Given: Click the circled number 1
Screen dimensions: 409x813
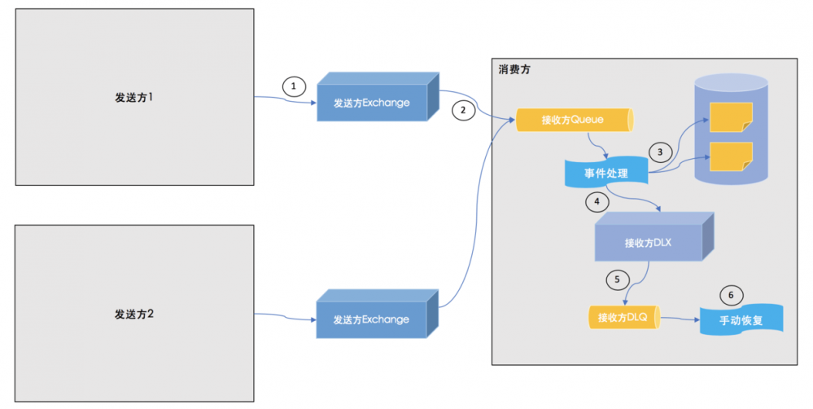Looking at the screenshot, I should (294, 86).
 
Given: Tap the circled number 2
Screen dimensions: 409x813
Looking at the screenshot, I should (463, 110).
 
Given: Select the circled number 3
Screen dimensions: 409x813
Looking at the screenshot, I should (660, 150).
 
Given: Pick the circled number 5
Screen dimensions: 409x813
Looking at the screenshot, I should (618, 279).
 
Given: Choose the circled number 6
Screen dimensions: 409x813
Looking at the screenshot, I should (731, 294).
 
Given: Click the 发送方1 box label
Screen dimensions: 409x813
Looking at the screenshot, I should (134, 97).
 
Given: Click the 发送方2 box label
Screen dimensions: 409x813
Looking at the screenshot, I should (134, 313).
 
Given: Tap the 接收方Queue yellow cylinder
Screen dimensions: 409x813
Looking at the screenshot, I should (574, 121).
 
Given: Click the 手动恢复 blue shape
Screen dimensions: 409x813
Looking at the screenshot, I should (741, 319).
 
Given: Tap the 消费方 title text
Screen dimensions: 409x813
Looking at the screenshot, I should (515, 71).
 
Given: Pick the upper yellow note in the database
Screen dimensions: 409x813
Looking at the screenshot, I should (729, 117).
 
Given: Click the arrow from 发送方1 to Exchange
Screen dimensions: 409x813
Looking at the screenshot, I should (285, 101).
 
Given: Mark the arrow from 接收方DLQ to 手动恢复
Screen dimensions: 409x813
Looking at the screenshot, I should (680, 319).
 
